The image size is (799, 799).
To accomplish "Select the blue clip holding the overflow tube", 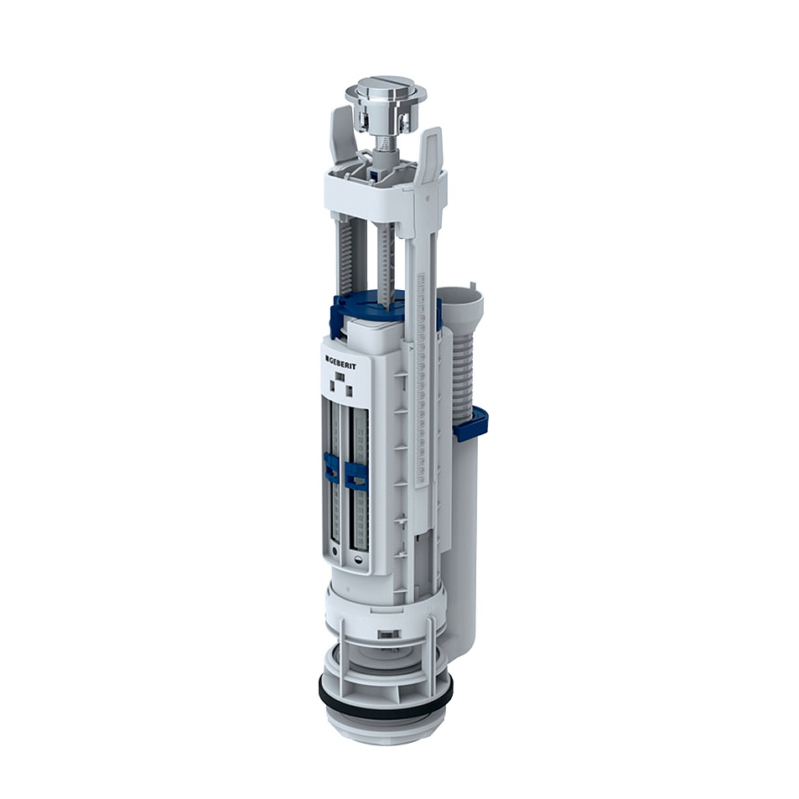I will click(x=470, y=424).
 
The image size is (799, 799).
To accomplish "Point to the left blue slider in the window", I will click(x=332, y=468).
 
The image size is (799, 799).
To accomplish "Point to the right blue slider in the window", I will click(x=357, y=475).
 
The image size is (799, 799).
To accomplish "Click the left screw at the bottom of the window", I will click(x=335, y=554).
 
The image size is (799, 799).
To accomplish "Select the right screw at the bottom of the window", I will click(x=359, y=560).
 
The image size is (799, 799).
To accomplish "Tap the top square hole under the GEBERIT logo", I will click(x=340, y=377).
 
